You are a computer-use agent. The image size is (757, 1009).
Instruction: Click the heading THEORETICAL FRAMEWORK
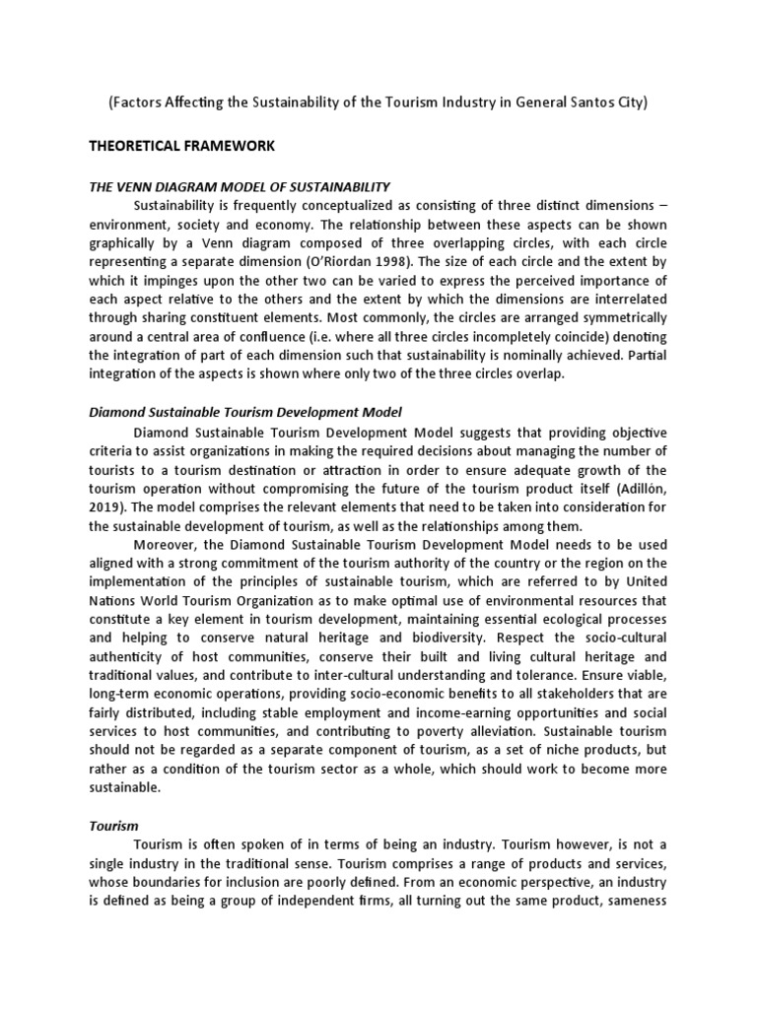click(181, 146)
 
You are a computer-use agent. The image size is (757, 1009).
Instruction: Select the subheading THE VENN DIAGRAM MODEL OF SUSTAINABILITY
click(240, 185)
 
